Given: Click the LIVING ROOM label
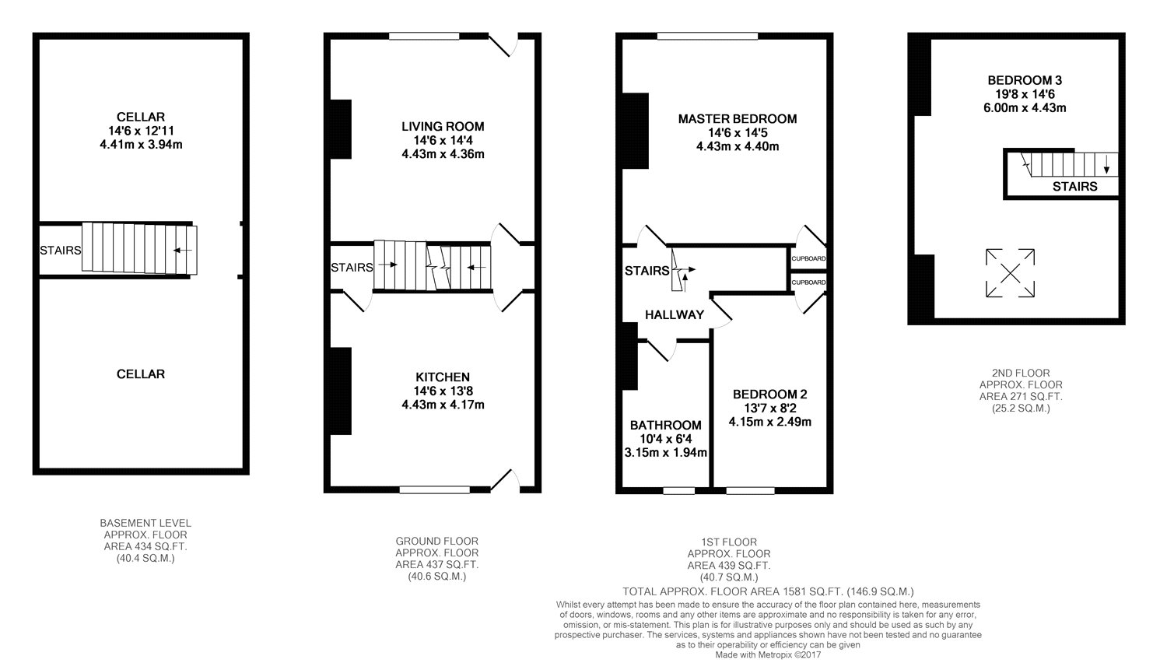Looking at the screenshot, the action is click(443, 126).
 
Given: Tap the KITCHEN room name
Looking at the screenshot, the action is click(443, 377).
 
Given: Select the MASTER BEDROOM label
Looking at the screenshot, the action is click(738, 119).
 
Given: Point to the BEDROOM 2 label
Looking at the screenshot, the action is click(770, 395).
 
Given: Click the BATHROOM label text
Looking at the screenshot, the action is click(666, 426).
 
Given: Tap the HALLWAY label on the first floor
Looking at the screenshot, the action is click(675, 315).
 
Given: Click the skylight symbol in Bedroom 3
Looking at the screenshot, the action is click(1010, 273).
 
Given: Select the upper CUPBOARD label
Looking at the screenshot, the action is click(808, 258).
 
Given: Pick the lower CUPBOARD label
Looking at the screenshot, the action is click(808, 282).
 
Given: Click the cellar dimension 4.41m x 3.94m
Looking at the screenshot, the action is click(141, 145).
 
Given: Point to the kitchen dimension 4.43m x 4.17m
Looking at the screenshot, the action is click(443, 405).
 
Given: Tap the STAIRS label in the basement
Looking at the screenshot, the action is click(61, 251).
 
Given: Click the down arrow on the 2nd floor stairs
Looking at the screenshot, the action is click(1106, 166).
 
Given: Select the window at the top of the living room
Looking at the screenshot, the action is click(424, 36).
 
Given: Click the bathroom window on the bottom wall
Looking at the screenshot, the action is click(679, 490).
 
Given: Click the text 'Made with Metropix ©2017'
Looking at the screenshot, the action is click(768, 654).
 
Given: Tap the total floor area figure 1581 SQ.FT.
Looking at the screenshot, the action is click(813, 591).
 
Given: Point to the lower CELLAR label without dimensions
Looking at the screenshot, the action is click(141, 374).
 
